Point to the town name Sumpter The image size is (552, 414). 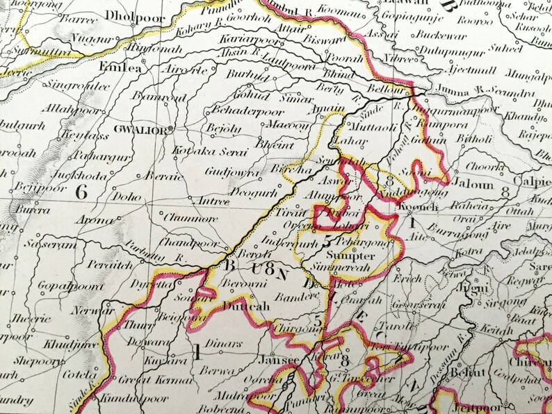(355, 256)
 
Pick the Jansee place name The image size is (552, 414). (278, 361)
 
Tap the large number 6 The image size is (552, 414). (81, 192)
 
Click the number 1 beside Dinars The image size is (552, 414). (197, 352)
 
